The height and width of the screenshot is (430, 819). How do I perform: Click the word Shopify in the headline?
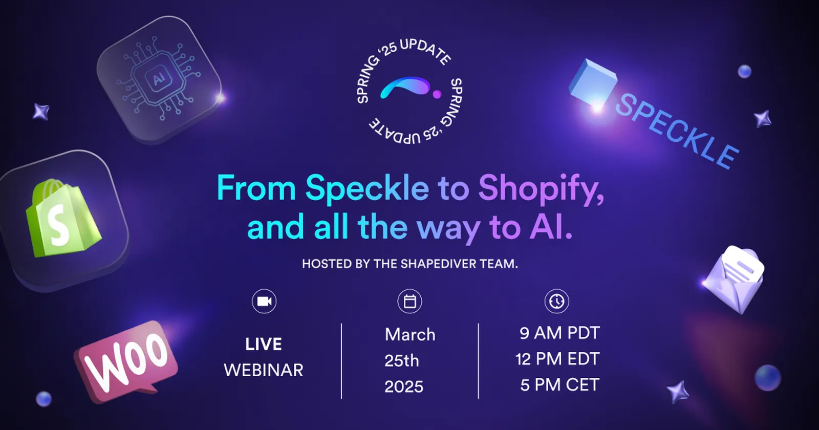541,188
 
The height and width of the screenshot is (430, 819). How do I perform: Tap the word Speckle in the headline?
367,188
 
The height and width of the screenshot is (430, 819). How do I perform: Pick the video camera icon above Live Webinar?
264,301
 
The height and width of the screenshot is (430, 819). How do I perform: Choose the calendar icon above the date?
409,301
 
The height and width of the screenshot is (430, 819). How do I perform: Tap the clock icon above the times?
556,301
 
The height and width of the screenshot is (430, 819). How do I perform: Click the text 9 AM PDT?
559,333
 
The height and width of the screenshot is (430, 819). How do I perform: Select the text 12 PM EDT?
557,359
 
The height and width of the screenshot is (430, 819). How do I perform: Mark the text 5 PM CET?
559,385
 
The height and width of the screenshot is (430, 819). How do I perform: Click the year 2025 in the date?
404,386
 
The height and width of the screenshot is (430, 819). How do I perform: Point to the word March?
410,335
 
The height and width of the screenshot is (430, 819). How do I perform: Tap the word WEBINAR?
264,370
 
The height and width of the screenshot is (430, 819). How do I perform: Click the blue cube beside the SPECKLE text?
593,83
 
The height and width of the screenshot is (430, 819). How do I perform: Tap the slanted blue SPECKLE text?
676,131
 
